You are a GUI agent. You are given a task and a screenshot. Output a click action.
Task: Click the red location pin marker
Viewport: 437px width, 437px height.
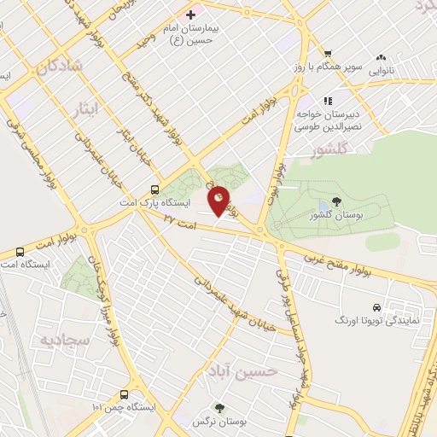point(219,200)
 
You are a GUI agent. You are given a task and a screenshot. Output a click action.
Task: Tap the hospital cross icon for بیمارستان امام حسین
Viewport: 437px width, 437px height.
point(190,15)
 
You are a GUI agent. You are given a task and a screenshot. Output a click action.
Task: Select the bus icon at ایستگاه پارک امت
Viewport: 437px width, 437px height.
point(154,189)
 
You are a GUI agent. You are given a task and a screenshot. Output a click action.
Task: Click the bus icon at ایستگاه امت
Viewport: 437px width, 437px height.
point(20,252)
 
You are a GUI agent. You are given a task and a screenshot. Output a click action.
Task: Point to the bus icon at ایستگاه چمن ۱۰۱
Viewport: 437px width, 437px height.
point(125,394)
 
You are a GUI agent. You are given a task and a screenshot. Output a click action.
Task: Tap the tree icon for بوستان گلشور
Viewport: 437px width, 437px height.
point(334,202)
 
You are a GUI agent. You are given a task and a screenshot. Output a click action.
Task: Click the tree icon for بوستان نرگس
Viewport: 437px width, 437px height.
point(219,408)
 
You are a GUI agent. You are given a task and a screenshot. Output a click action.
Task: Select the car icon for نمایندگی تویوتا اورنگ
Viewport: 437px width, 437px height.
point(376,307)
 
